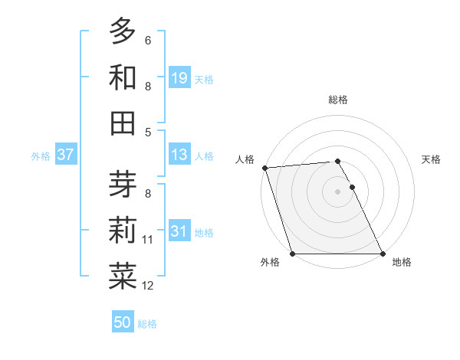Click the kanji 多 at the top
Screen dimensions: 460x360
click(123, 31)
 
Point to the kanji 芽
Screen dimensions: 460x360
click(123, 185)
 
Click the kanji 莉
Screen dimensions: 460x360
click(123, 231)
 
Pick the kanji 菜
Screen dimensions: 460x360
click(123, 277)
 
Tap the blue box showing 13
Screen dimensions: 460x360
click(179, 155)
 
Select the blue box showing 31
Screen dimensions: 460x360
click(179, 231)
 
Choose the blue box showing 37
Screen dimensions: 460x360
click(66, 155)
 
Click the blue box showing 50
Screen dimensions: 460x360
click(123, 322)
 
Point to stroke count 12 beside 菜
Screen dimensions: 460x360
click(148, 286)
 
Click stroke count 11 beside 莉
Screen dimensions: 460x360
click(148, 240)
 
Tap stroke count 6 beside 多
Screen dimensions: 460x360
click(148, 41)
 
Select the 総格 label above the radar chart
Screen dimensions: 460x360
click(337, 100)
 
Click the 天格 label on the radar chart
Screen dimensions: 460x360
click(432, 159)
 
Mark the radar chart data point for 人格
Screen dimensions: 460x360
click(264, 168)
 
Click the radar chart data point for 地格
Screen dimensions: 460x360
click(383, 254)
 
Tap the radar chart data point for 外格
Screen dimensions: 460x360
click(292, 254)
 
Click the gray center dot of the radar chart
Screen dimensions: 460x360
click(337, 191)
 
